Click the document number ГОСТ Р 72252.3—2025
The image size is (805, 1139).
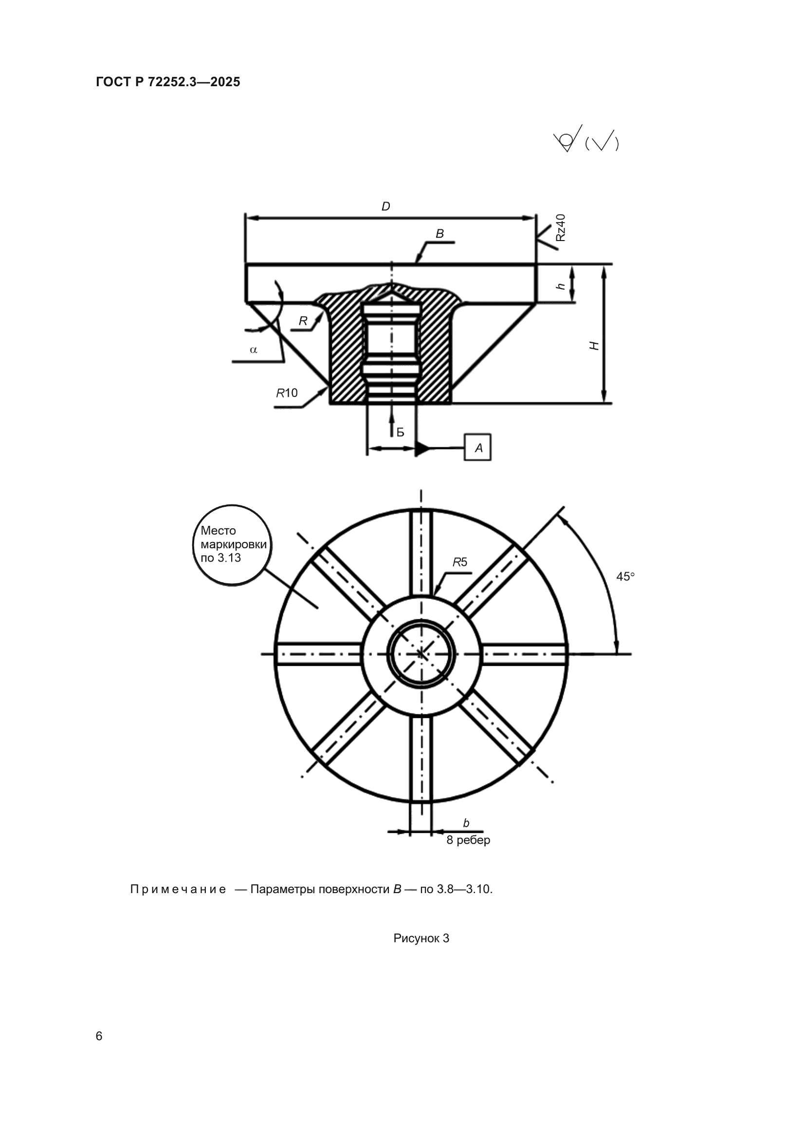click(x=167, y=82)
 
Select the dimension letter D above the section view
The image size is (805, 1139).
click(x=385, y=206)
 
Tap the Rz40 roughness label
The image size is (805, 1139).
click(x=560, y=228)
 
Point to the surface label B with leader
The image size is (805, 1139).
click(x=439, y=234)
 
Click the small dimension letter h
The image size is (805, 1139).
click(x=561, y=286)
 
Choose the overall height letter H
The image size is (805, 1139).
click(x=594, y=346)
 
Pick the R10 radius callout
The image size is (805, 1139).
click(x=287, y=393)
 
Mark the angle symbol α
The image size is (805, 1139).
click(x=254, y=350)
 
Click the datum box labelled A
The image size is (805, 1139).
click(x=478, y=448)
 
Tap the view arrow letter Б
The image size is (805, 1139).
click(x=401, y=432)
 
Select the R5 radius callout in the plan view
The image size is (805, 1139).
click(x=459, y=562)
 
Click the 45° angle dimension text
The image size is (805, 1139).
click(x=625, y=577)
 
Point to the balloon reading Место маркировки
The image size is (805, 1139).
click(x=233, y=545)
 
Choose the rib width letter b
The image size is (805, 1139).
click(x=466, y=823)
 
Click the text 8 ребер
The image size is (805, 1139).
click(x=468, y=840)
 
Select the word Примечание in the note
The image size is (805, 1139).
click(x=178, y=890)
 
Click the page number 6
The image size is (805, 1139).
click(x=99, y=1036)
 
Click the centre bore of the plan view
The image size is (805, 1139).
click(x=421, y=654)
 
